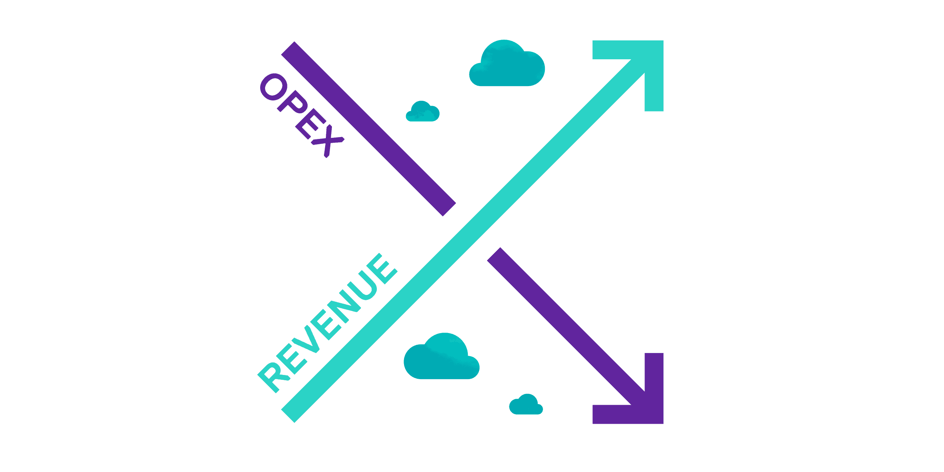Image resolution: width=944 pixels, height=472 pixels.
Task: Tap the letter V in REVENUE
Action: [x=307, y=342]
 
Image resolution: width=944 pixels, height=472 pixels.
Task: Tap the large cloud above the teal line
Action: [x=507, y=66]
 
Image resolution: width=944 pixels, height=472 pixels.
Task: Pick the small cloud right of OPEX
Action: [x=423, y=113]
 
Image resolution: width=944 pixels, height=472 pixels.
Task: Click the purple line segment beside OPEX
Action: [x=368, y=128]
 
